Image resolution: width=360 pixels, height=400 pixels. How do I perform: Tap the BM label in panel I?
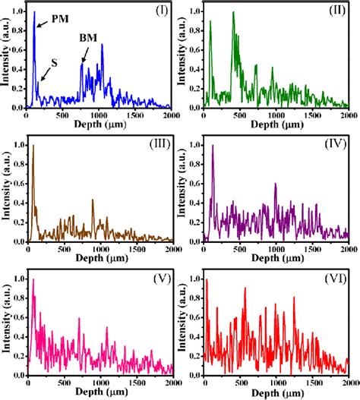(88, 37)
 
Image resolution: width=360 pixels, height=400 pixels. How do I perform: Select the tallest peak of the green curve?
(233, 13)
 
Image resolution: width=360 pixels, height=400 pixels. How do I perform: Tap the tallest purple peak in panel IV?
(213, 146)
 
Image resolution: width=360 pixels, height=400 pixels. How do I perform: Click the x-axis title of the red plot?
(276, 393)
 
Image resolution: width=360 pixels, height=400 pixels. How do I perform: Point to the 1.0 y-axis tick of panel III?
(17, 146)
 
